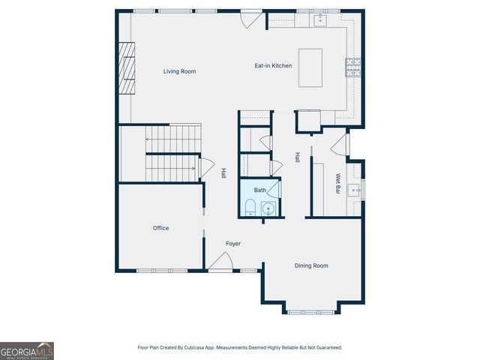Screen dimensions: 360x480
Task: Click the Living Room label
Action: click(x=180, y=71)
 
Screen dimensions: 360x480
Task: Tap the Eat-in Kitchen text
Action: click(x=273, y=66)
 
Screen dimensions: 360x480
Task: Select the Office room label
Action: click(x=160, y=228)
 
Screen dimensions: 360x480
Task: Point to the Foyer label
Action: click(x=234, y=244)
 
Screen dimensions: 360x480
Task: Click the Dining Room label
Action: click(x=311, y=265)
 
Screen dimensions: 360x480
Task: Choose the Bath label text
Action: click(x=259, y=190)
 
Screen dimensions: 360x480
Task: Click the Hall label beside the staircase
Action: click(x=223, y=172)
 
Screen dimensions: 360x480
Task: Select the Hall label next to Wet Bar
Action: click(x=298, y=158)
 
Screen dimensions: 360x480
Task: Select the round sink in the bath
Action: click(x=268, y=208)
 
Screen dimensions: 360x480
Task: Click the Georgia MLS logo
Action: click(x=27, y=350)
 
